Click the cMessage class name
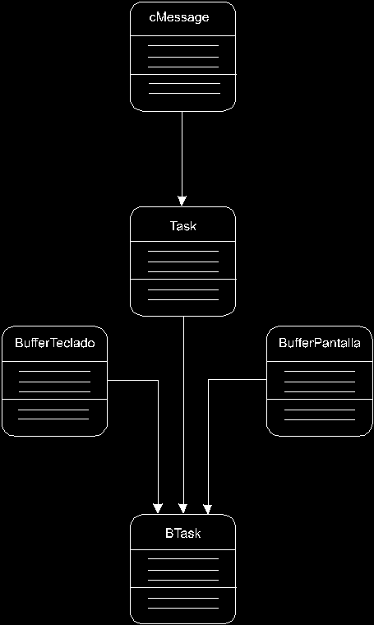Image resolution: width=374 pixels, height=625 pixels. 179,18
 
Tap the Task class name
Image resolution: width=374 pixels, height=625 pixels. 183,226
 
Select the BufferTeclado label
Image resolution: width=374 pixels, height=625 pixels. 55,343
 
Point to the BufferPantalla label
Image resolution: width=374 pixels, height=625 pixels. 320,343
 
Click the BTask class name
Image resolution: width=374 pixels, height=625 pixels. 183,534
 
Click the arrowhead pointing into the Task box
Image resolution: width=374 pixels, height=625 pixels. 182,201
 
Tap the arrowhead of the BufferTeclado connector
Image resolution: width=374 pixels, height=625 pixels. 158,508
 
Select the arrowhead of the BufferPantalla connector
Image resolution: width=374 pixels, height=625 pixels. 207,508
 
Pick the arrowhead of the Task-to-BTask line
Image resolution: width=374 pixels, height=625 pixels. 182,508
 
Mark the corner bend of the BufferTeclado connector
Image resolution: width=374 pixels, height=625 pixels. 158,381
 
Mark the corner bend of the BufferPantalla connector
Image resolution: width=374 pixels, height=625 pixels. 208,380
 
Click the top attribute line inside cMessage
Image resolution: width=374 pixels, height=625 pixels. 183,46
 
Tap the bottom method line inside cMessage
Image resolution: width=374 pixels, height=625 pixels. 184,93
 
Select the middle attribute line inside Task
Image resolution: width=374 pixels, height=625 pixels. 183,262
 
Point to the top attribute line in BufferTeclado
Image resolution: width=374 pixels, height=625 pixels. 54,372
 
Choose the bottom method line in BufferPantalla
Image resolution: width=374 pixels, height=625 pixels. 320,419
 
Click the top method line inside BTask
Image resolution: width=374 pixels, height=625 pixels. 183,598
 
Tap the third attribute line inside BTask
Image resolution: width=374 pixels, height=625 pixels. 183,580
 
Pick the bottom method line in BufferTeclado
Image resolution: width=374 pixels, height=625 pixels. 53,419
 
